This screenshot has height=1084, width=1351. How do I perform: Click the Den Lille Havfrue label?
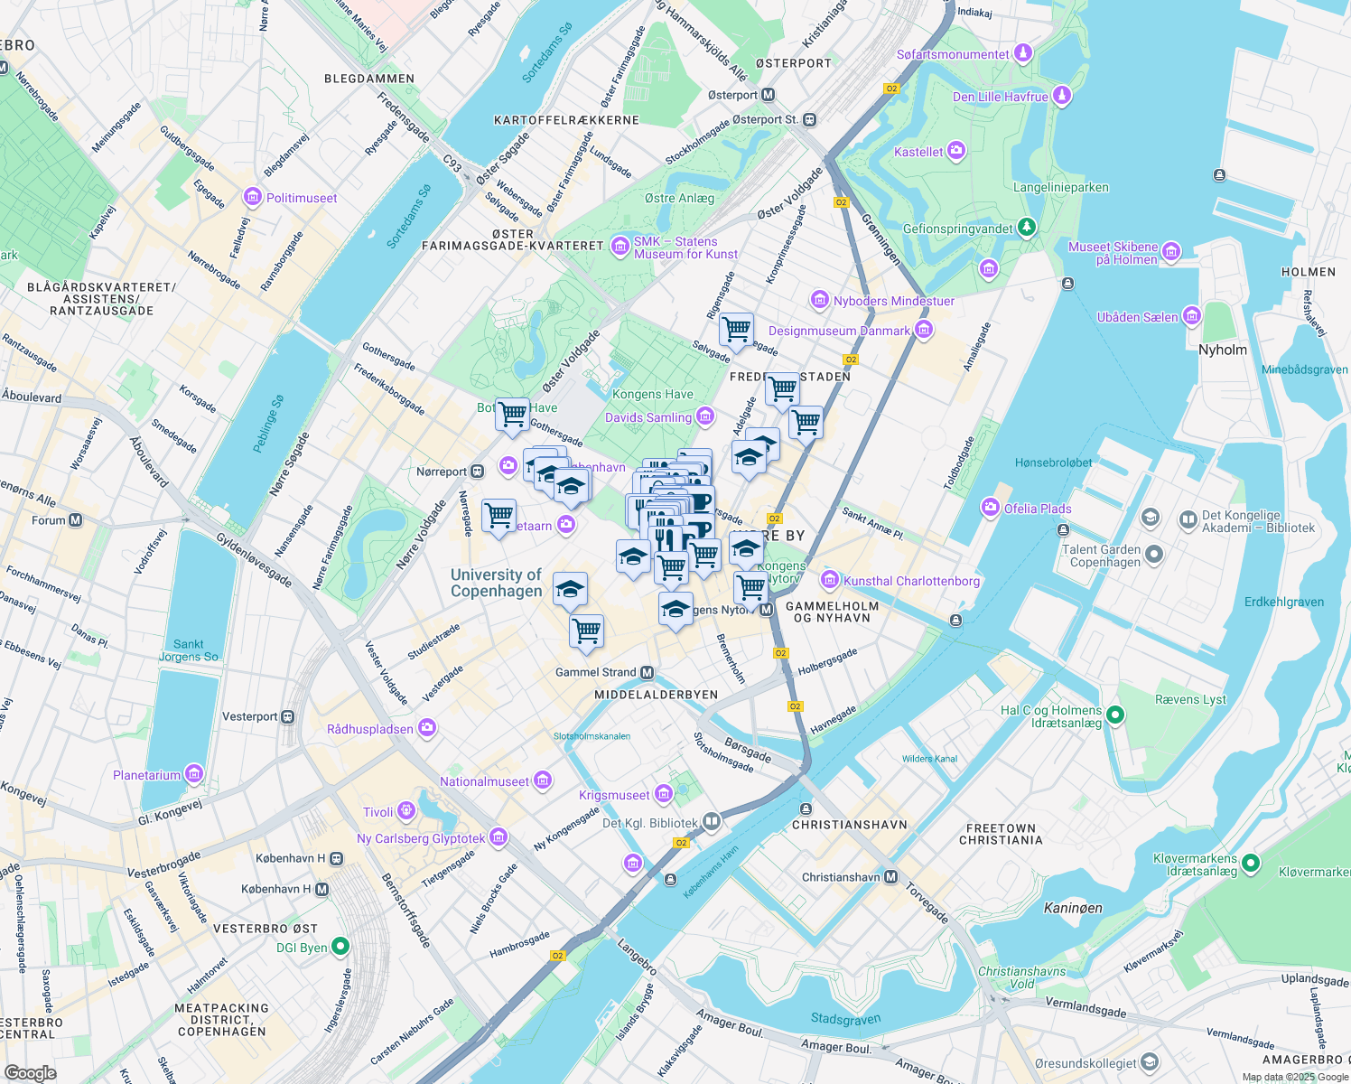click(1001, 97)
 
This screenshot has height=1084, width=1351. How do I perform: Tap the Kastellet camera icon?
click(956, 152)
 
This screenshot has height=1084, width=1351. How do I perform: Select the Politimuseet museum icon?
click(253, 198)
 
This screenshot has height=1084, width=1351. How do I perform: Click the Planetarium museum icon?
click(194, 774)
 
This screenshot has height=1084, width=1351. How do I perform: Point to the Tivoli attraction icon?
click(406, 811)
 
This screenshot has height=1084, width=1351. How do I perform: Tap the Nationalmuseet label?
click(484, 781)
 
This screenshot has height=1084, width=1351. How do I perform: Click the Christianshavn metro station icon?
click(891, 877)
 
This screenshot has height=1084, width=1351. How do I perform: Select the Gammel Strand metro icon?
click(647, 672)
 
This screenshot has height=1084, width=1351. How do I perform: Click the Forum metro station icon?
click(76, 520)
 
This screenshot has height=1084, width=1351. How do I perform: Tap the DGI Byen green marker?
click(340, 947)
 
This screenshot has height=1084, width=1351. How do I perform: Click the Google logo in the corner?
click(30, 1072)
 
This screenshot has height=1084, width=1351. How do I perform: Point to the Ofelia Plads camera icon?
click(992, 509)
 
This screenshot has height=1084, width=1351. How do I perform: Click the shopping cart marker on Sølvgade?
click(736, 329)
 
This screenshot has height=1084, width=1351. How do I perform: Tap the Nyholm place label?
click(1222, 350)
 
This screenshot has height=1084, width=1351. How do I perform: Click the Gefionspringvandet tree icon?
click(1026, 228)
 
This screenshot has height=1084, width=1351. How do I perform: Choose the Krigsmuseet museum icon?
click(664, 794)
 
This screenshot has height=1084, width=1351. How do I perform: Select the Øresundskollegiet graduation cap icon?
click(1149, 1062)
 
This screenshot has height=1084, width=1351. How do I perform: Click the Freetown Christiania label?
click(1001, 834)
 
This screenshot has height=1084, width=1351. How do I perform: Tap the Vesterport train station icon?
click(287, 716)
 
